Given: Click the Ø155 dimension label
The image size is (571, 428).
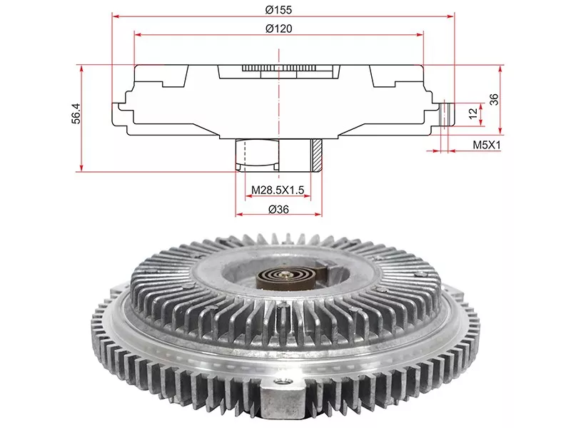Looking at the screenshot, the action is click(278, 10).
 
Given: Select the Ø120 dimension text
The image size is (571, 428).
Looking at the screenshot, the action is click(278, 29).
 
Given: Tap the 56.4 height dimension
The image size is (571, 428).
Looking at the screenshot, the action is click(76, 113).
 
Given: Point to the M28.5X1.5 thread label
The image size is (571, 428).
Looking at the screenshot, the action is click(278, 190).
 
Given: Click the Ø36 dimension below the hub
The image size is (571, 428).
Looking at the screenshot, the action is click(278, 209).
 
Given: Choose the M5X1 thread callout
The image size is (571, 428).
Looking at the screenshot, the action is click(487, 145).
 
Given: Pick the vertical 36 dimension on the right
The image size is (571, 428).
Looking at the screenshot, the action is click(494, 99).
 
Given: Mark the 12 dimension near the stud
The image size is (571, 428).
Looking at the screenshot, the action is click(473, 113).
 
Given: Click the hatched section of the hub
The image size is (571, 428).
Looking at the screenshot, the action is click(316, 156).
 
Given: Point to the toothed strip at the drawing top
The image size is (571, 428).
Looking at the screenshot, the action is click(278, 68).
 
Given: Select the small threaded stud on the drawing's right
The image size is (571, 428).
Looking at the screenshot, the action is click(448, 115).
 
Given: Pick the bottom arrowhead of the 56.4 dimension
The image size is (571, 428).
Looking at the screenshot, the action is click(81, 168).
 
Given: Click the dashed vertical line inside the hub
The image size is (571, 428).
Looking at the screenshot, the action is click(245, 156).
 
